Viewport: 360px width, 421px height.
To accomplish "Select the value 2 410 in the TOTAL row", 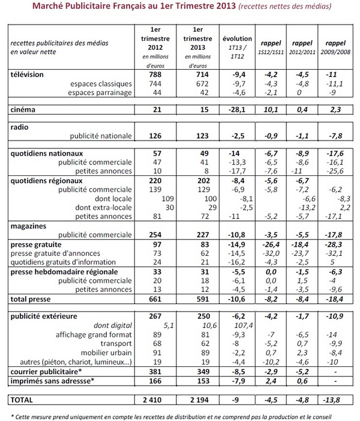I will [159, 398].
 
